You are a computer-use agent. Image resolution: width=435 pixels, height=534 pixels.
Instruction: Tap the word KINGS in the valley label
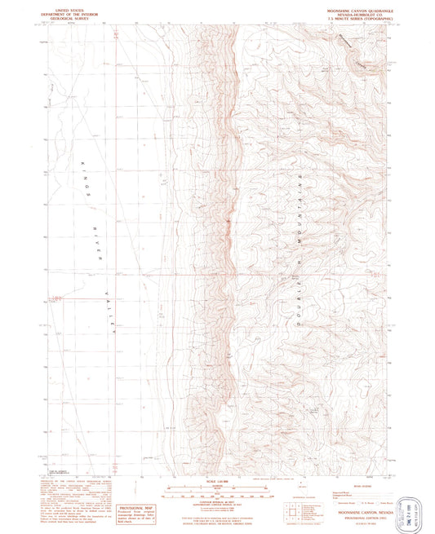pyautogui.click(x=85, y=175)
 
